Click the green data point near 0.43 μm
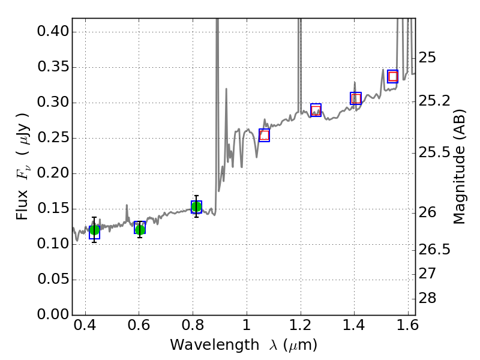(94, 230)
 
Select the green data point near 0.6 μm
(140, 229)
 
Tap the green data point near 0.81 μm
(196, 207)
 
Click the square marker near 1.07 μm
(264, 135)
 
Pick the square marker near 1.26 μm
(316, 110)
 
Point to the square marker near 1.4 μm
(356, 98)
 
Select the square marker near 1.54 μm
(393, 76)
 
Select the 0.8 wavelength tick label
(193, 327)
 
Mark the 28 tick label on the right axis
(427, 298)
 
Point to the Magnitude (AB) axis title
(460, 166)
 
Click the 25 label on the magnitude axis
(427, 58)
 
